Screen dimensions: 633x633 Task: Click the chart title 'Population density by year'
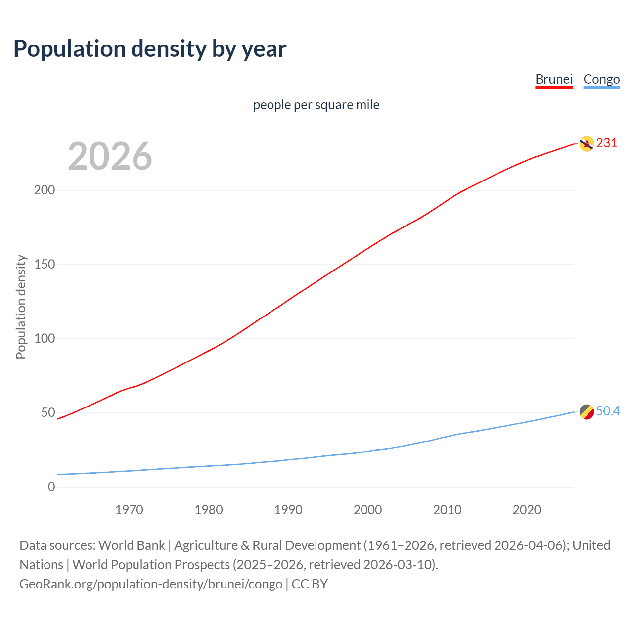150,49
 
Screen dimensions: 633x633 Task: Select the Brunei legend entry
554,79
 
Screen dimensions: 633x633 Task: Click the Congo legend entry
601,79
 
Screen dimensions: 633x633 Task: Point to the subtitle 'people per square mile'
316,105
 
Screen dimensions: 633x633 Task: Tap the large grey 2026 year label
110,156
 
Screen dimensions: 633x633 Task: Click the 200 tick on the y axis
45,190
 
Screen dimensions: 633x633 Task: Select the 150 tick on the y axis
45,264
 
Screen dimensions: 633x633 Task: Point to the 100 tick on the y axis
45,338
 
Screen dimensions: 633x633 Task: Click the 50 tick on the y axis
48,412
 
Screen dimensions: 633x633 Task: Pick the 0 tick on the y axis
51,487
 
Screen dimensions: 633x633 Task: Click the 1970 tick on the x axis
129,510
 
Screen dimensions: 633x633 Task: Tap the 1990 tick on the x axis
288,510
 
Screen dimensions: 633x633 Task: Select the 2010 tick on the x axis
447,510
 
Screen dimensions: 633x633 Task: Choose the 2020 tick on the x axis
527,510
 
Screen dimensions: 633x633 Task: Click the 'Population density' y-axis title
21,307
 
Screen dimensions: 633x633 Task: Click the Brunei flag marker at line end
587,144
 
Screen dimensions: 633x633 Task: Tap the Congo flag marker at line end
587,411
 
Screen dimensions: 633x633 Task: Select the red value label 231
607,143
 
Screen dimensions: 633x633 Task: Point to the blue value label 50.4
608,411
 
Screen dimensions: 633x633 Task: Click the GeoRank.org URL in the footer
151,584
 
